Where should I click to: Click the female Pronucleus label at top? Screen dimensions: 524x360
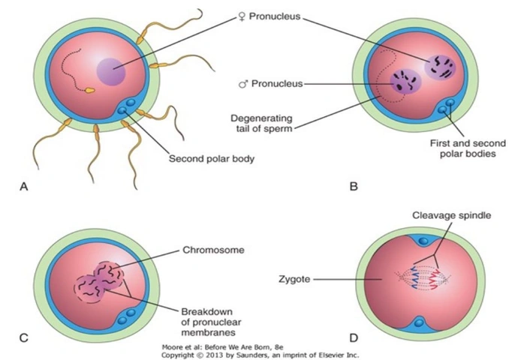[269, 16]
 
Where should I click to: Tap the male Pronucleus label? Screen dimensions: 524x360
[271, 83]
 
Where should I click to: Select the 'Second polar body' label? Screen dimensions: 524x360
[212, 158]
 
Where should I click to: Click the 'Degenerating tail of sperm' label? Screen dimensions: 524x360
[261, 123]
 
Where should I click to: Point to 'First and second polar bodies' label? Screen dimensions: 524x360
[468, 148]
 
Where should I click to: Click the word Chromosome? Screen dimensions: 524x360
[213, 250]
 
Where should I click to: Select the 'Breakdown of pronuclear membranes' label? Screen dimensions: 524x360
[211, 322]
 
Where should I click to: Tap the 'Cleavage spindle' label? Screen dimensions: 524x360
[451, 215]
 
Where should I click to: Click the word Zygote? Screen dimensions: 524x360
[294, 279]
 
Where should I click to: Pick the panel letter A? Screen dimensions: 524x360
[24, 186]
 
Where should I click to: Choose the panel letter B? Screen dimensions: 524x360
[354, 186]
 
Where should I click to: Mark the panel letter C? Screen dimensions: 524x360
[24, 337]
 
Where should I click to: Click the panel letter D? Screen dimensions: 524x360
[354, 337]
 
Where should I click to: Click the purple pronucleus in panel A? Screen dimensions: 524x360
[111, 71]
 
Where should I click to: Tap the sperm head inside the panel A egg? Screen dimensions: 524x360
[90, 90]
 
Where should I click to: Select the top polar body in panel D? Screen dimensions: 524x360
[423, 241]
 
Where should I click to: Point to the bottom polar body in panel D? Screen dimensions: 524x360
[420, 323]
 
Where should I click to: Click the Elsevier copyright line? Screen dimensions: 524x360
[260, 355]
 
